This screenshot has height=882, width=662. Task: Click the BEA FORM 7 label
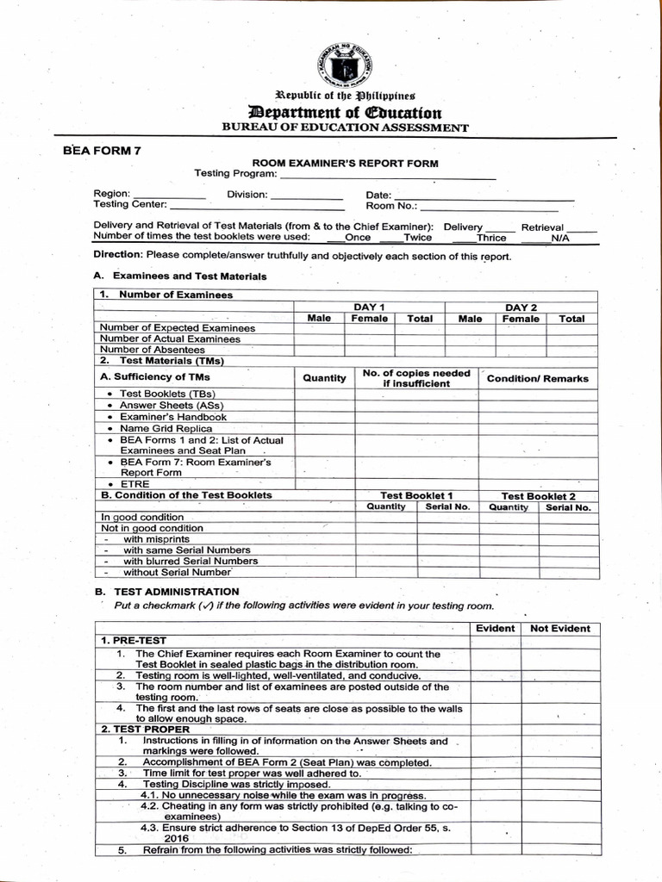click(x=102, y=150)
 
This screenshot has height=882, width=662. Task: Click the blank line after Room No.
click(x=489, y=208)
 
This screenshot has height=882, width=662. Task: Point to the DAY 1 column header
click(x=369, y=307)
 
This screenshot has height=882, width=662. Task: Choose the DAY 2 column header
click(x=521, y=307)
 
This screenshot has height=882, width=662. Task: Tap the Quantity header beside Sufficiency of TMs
click(x=324, y=377)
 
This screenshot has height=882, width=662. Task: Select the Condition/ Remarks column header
click(x=538, y=378)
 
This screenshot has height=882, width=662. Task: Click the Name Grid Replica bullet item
click(x=165, y=428)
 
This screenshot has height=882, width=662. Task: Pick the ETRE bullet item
click(x=134, y=484)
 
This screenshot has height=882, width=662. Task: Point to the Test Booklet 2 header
click(x=538, y=496)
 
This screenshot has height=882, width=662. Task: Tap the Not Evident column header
click(x=560, y=629)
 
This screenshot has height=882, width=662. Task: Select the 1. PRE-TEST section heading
click(x=134, y=641)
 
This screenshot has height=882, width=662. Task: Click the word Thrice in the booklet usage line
click(x=491, y=238)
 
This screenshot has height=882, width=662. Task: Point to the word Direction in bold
click(x=117, y=256)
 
